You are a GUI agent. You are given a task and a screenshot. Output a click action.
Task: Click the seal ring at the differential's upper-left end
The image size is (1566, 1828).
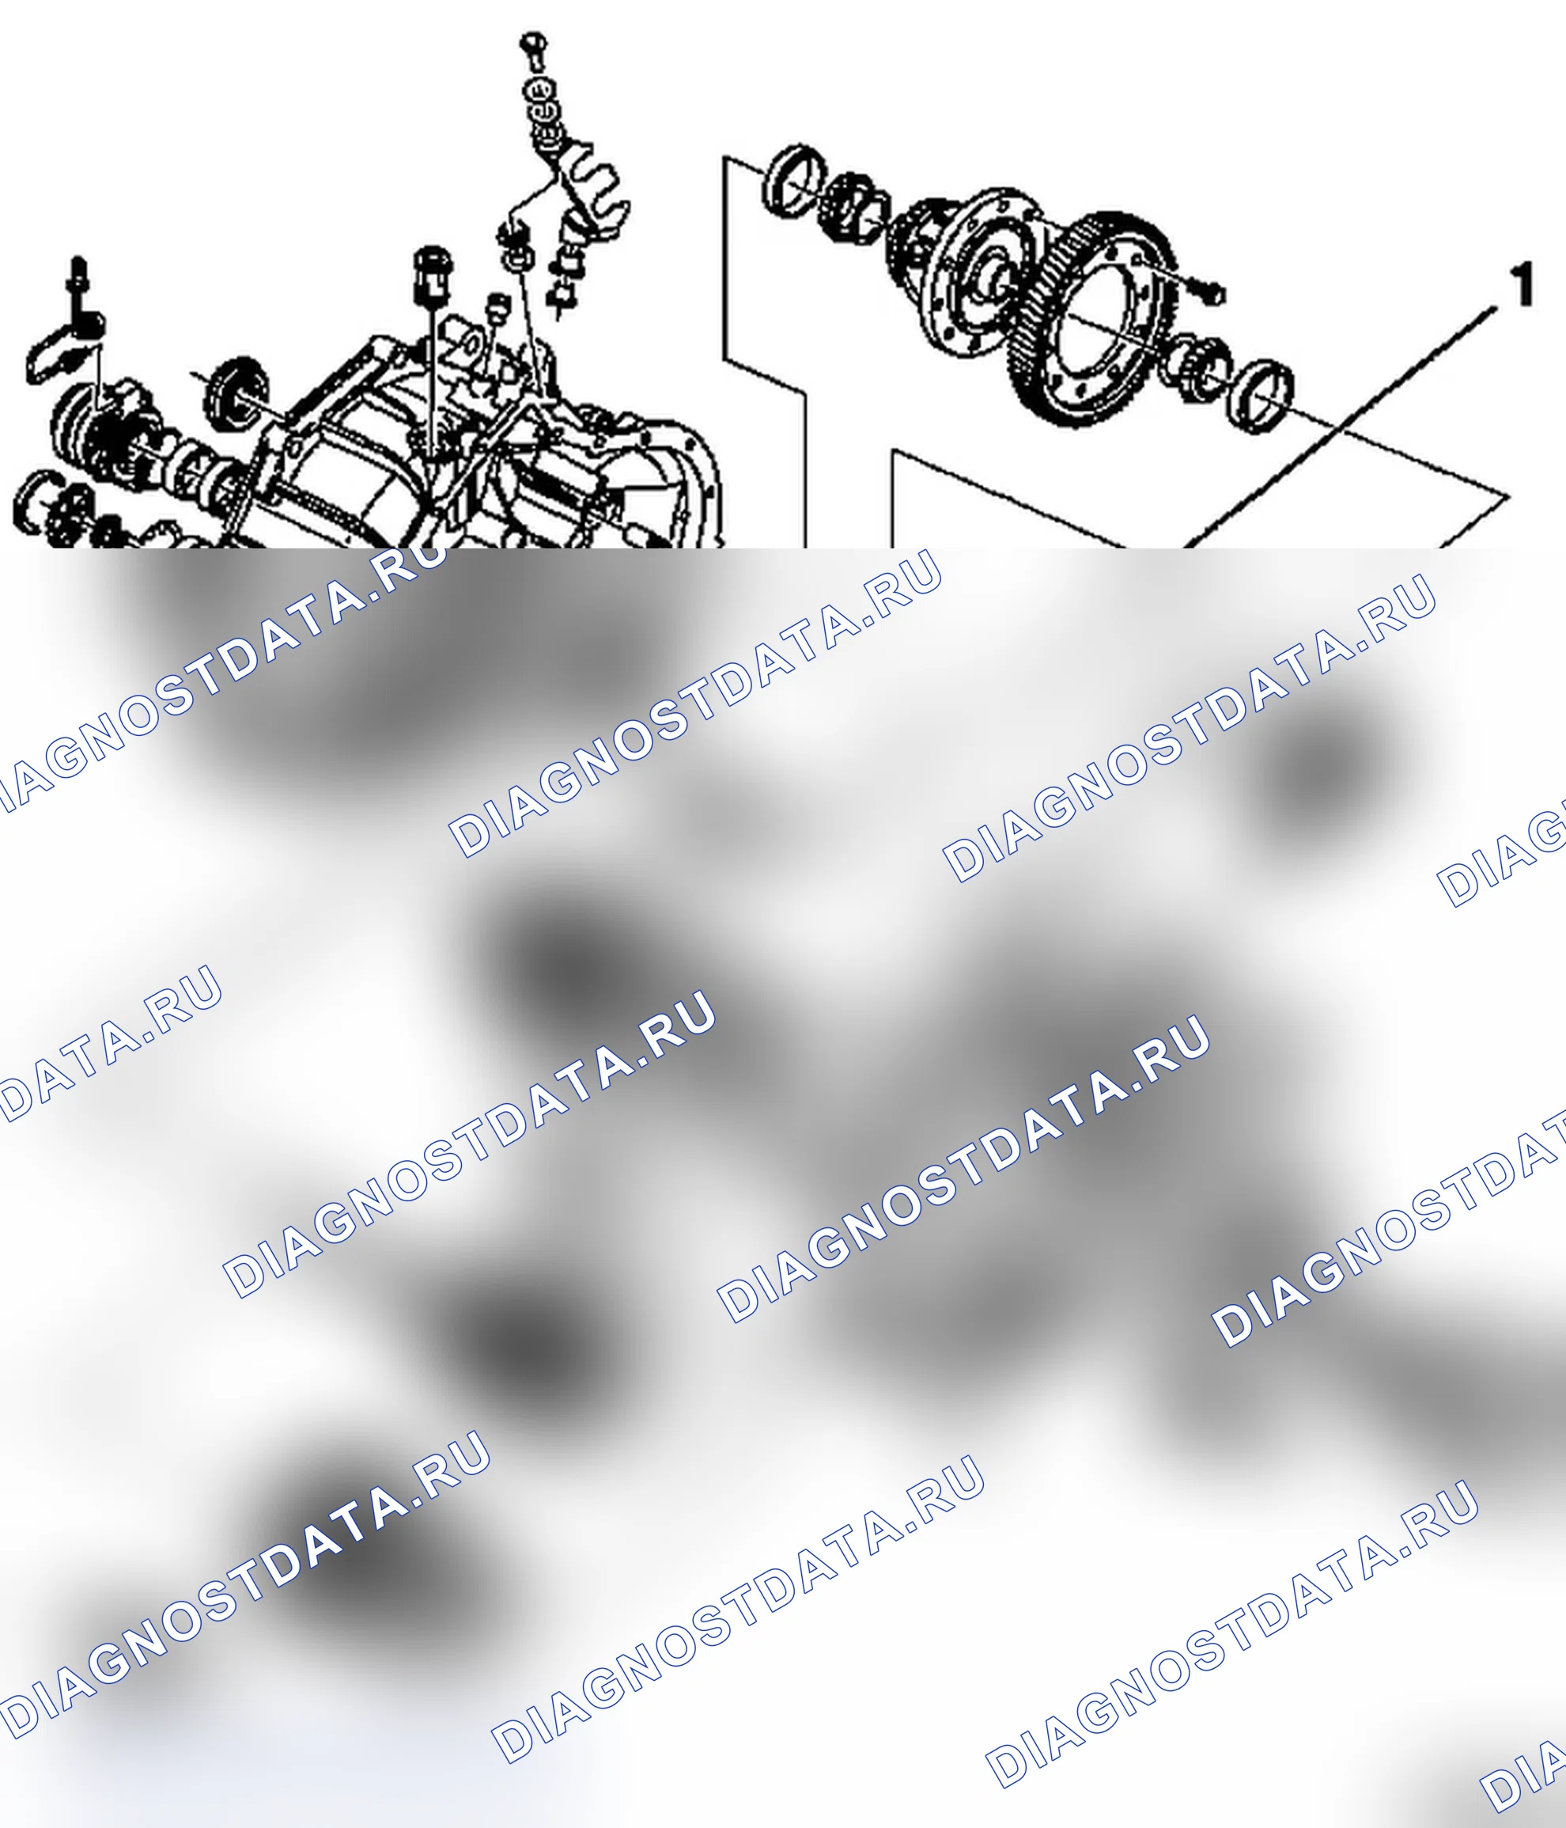click(793, 181)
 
